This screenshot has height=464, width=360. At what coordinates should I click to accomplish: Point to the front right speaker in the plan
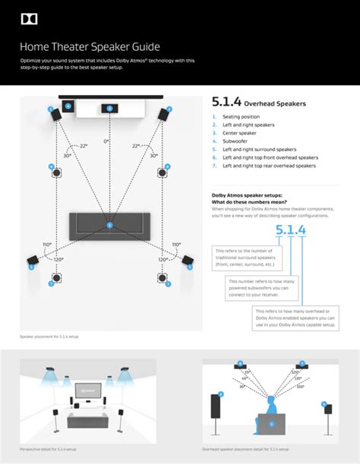[163, 113]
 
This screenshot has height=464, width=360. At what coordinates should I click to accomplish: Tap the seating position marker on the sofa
[109, 225]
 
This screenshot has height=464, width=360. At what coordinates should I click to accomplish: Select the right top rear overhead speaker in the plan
[163, 279]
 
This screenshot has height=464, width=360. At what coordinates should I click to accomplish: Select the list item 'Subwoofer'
[235, 141]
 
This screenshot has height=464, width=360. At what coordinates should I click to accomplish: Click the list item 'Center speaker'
[238, 133]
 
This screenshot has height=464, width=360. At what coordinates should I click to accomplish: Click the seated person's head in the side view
[272, 401]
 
